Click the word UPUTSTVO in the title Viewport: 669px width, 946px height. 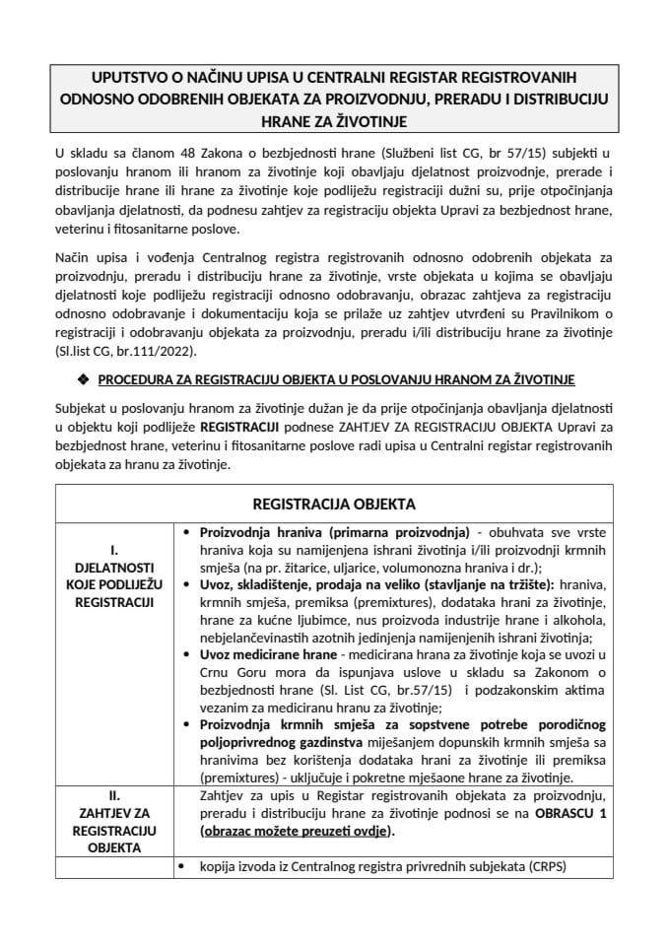click(x=129, y=77)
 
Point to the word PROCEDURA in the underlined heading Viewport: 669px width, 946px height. click(x=141, y=379)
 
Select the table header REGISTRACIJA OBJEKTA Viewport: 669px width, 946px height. click(x=334, y=504)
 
